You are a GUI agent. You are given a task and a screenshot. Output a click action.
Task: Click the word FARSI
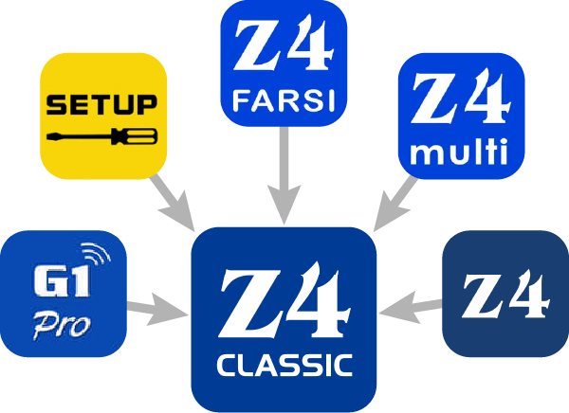(283, 98)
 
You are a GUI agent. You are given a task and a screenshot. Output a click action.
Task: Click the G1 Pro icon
(63, 289)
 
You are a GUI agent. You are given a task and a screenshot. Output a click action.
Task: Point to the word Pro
(63, 325)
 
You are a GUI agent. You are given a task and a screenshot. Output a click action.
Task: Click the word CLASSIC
(284, 365)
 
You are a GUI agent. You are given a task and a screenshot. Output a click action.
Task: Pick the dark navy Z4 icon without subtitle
(505, 294)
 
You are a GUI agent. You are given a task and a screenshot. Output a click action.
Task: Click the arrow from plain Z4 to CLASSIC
(415, 306)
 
